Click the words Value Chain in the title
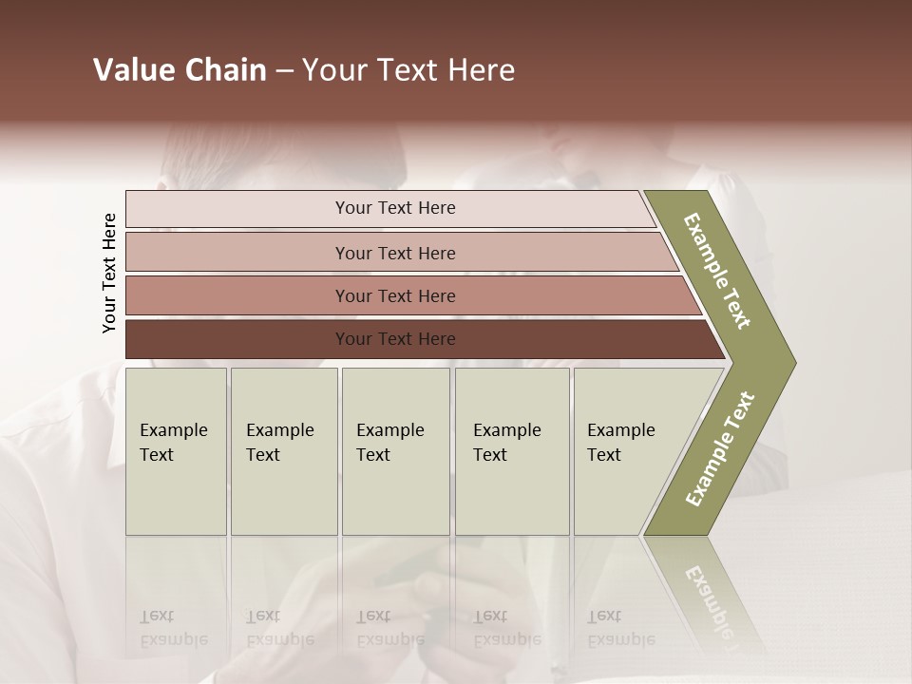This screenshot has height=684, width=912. point(180,70)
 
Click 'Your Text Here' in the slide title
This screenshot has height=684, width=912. point(408,70)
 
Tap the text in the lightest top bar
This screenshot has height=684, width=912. point(395,208)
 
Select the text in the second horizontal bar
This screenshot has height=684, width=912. point(395,254)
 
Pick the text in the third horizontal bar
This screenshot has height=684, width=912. point(395,296)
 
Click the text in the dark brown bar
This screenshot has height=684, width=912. point(395,339)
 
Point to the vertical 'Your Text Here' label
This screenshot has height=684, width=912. point(109,273)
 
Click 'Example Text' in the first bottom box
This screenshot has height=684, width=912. point(173,443)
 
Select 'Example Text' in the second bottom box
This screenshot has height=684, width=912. point(279,443)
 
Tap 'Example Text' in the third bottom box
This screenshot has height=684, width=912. point(389,443)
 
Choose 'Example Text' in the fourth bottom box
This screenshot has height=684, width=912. point(506,443)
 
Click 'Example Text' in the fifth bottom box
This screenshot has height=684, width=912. point(620,443)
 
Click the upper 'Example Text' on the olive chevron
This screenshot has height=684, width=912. point(717,271)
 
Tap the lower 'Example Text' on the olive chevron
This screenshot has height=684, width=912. point(720,449)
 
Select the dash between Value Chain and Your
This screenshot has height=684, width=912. point(284,71)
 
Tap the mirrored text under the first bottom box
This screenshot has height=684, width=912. point(173,627)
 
